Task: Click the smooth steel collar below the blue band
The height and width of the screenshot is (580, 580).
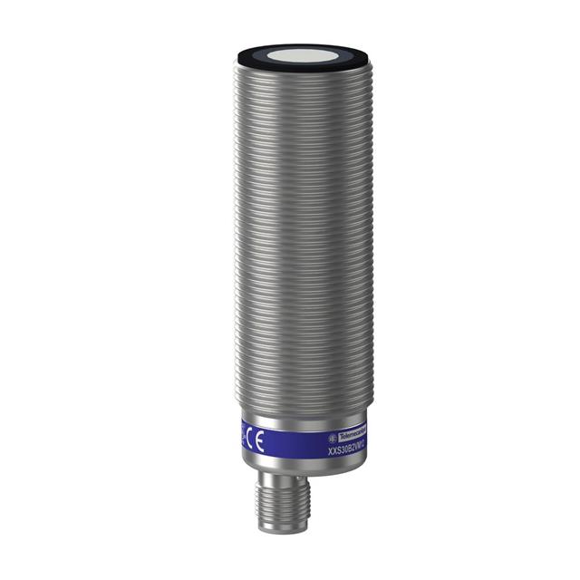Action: [290, 464]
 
